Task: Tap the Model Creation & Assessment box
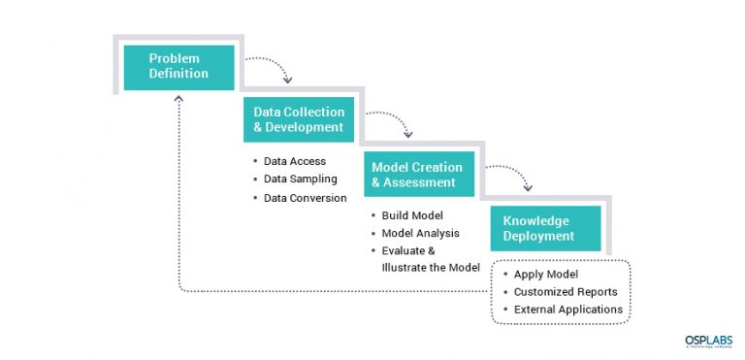[x=420, y=175]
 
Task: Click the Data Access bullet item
[x=294, y=161]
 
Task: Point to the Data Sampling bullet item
[x=300, y=180]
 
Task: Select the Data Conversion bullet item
[x=305, y=198]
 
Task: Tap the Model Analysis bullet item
[x=420, y=233]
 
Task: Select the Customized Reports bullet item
[x=565, y=291]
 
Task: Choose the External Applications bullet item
[x=568, y=310]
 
